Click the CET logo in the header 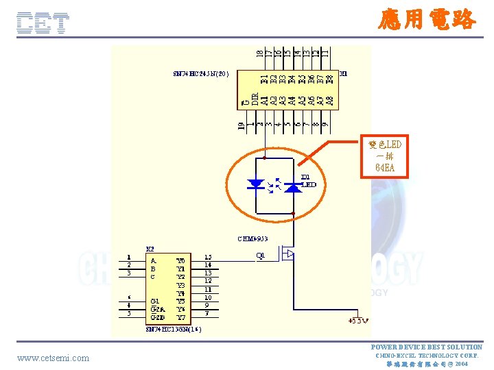coord(43,23)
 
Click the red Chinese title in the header coord(426,18)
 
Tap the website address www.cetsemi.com coord(53,358)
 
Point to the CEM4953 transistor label coord(252,238)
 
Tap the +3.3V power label coord(358,320)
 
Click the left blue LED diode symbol coord(257,184)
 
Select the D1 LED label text coord(309,181)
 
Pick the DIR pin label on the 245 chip coord(255,99)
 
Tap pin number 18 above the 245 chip coord(259,51)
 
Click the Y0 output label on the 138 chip coord(180,260)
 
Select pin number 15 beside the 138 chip coord(208,258)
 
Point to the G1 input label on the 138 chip coord(155,300)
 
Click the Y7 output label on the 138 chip coord(180,318)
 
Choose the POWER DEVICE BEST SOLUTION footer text coord(426,347)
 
